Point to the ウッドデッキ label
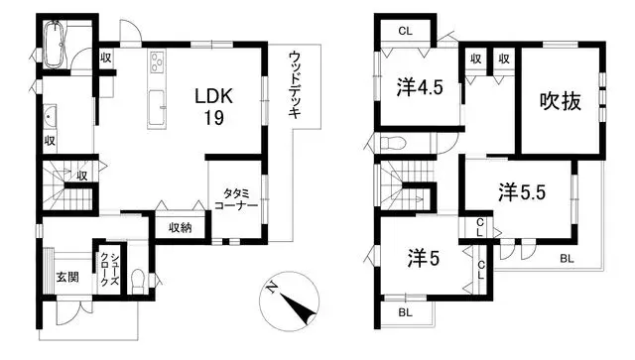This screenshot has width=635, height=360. click(x=295, y=84)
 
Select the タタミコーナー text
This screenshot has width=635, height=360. click(x=235, y=197)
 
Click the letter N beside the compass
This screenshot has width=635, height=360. click(x=272, y=289)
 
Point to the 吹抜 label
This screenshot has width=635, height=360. click(x=559, y=101)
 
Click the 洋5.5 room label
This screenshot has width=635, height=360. click(x=522, y=189)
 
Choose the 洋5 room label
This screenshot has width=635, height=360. click(x=421, y=259)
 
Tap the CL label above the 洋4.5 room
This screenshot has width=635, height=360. click(x=405, y=31)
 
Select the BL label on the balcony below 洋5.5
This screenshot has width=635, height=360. click(x=566, y=259)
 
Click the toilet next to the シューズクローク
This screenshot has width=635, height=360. click(x=140, y=277)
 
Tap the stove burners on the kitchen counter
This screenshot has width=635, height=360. click(x=158, y=64)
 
